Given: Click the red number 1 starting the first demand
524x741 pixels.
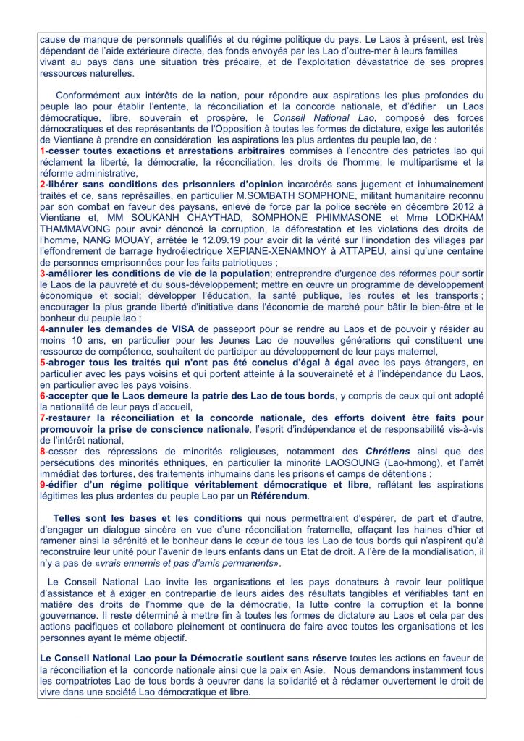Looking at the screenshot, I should tap(42, 151).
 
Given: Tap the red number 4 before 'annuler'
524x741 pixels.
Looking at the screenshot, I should tap(42, 329).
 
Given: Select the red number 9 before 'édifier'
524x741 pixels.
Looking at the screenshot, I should tap(42, 485).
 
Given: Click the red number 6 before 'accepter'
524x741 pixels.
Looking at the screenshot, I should tap(42, 396).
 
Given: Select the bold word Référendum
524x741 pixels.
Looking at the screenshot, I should tap(279, 496).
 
